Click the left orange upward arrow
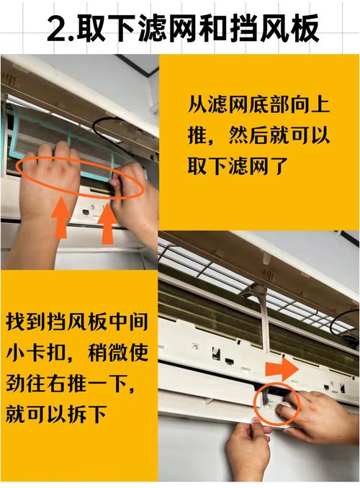tap(61, 217)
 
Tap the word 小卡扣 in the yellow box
tap(37, 353)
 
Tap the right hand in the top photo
tap(137, 198)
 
